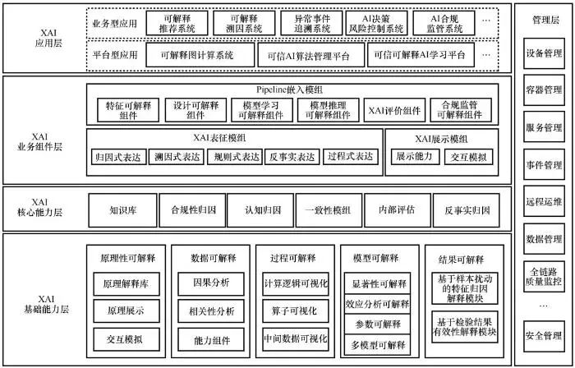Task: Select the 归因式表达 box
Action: pyautogui.click(x=118, y=155)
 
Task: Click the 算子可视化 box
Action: pyautogui.click(x=296, y=311)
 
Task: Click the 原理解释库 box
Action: pyautogui.click(x=126, y=284)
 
